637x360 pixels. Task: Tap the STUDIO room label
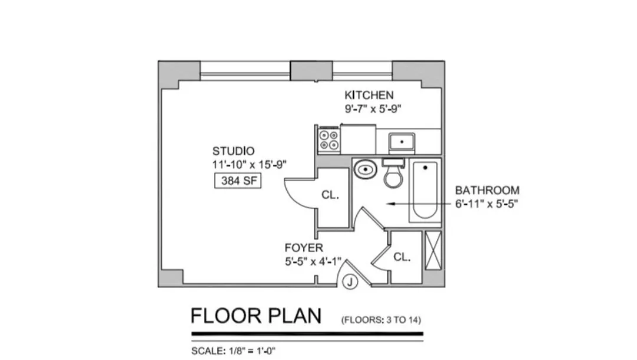(x=234, y=151)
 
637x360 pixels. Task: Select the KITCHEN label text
(x=369, y=95)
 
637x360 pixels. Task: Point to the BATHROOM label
(x=487, y=190)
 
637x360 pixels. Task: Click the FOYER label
(x=303, y=247)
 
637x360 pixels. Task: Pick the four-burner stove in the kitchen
(x=329, y=140)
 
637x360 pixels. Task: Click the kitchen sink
(x=402, y=142)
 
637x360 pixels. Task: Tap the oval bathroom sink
(x=366, y=170)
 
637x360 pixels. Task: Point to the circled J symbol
(x=350, y=283)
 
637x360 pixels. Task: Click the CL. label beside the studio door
(x=330, y=195)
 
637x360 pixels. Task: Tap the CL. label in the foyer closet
(x=402, y=257)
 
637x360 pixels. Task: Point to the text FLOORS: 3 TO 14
(x=381, y=320)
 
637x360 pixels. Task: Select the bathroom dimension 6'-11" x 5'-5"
(x=487, y=204)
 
